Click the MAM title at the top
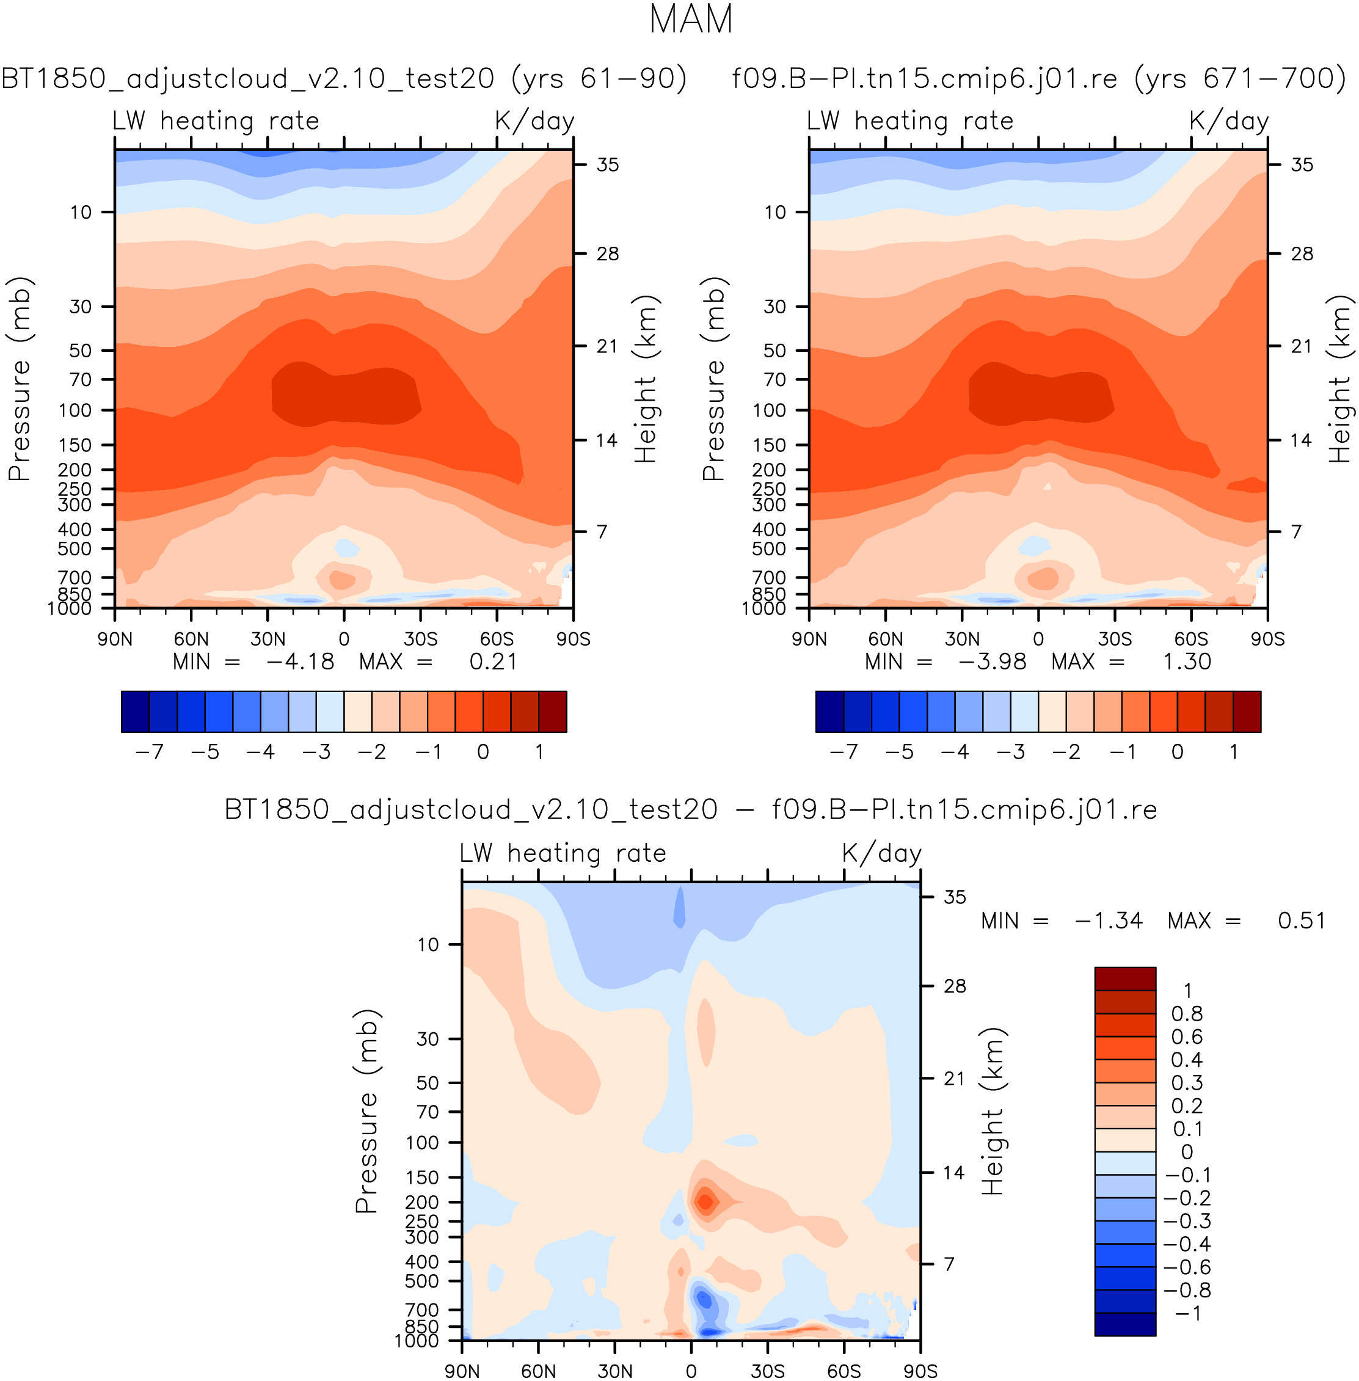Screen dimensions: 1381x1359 click(690, 20)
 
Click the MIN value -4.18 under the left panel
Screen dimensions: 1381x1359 click(300, 661)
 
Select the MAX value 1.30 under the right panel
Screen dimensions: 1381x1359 click(1186, 661)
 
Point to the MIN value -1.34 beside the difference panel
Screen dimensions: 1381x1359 click(1109, 920)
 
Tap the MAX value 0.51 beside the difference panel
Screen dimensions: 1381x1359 click(1301, 920)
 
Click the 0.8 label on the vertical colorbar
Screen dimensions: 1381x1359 click(1187, 1013)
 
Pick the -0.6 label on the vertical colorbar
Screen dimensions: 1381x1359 click(1187, 1267)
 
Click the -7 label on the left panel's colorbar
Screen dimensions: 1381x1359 click(149, 751)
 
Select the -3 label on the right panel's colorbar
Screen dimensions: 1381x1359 click(1011, 751)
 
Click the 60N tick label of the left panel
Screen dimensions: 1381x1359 click(191, 639)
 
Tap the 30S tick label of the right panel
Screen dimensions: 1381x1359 click(1115, 639)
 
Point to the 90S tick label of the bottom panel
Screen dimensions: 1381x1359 click(920, 1371)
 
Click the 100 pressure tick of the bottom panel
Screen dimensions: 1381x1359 click(422, 1143)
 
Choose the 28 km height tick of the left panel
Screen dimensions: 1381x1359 click(607, 254)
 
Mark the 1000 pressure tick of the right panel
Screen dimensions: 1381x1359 click(763, 609)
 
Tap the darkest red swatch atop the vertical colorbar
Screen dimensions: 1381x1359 click(1125, 978)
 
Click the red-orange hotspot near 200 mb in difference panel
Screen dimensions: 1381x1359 click(705, 1202)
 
